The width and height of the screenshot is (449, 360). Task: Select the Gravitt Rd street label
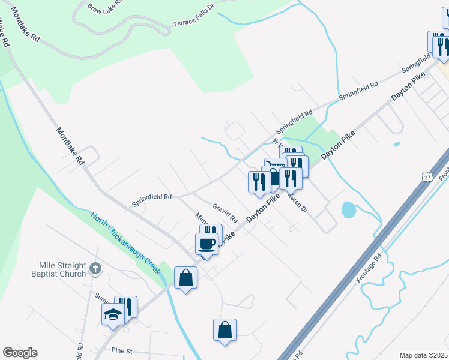225,210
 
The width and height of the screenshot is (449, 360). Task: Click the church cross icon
95,269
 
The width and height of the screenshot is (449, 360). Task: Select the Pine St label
121,349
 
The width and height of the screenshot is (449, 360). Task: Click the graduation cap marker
112,314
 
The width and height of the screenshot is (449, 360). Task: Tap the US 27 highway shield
426,178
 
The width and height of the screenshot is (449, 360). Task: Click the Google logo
20,353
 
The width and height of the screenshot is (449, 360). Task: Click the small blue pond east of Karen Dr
348,209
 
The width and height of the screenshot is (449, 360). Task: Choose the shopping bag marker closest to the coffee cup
185,278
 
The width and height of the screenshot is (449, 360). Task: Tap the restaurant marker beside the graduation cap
126,307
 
